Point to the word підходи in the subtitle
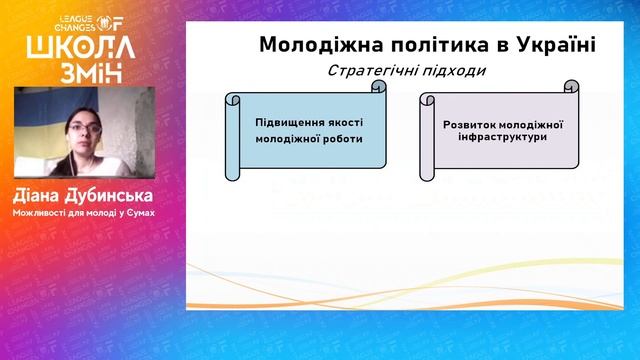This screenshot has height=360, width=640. coord(451,71)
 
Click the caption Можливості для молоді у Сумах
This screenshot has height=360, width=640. coord(85,211)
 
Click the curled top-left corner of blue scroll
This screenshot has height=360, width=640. coord(231,99)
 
